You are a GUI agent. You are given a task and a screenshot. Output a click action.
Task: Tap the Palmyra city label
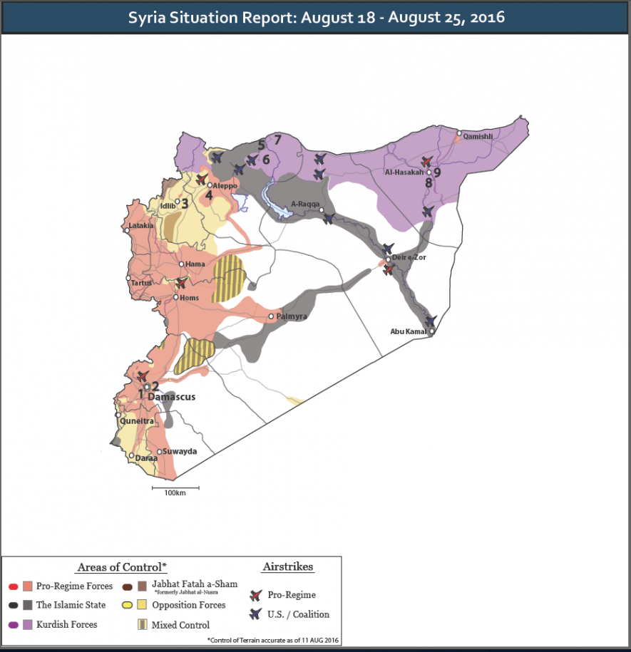(x=292, y=316)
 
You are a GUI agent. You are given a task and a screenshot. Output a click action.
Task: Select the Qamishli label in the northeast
(x=477, y=135)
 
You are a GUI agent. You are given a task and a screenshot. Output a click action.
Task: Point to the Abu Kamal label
(x=409, y=331)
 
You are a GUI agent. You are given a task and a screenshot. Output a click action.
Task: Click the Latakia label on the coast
(x=140, y=226)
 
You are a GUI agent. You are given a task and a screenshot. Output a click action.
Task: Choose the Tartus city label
(x=142, y=283)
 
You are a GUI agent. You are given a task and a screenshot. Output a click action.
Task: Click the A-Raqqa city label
(x=304, y=204)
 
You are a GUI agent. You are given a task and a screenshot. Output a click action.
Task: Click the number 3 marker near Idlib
(x=184, y=203)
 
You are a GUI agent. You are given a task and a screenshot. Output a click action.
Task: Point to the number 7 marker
(x=278, y=140)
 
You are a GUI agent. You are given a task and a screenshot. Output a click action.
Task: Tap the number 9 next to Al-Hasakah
(x=437, y=172)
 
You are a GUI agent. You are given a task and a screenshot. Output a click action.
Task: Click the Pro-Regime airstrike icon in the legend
(x=256, y=595)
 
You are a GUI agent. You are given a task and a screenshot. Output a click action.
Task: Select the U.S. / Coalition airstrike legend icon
(x=256, y=614)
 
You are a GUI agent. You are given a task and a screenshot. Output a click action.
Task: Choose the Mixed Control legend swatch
(x=143, y=625)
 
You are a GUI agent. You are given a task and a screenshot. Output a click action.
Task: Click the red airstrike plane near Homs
(x=183, y=283)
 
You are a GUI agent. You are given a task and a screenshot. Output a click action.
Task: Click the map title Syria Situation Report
(x=316, y=17)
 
